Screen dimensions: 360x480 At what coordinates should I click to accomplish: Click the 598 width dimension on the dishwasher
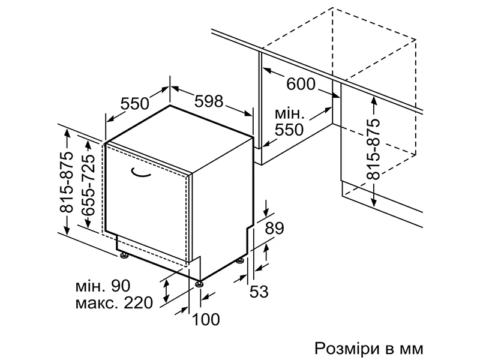click(x=208, y=101)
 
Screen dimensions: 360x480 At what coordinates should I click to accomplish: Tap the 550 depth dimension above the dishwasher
click(x=134, y=104)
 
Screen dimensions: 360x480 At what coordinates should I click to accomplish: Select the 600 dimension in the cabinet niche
click(x=301, y=85)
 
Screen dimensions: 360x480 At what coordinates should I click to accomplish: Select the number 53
click(x=258, y=292)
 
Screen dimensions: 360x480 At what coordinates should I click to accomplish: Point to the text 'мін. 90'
click(x=103, y=284)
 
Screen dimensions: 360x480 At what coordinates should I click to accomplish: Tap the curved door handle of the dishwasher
click(x=143, y=174)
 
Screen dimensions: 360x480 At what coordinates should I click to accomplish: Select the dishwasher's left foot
click(x=124, y=256)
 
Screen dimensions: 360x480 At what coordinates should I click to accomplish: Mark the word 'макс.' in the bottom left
click(x=97, y=302)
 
